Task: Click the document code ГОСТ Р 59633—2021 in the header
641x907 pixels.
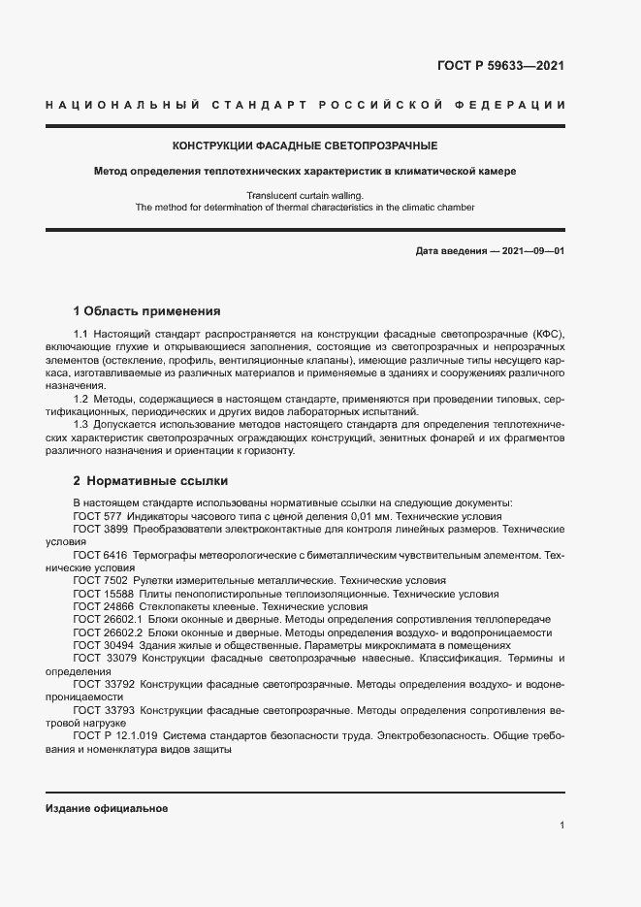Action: coord(501,66)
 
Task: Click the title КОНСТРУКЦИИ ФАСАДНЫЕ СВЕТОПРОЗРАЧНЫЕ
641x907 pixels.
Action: coord(304,146)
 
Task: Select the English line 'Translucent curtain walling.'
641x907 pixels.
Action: coord(304,195)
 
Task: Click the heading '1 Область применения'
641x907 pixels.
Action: coord(147,311)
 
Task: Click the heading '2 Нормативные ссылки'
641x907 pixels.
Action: coord(150,480)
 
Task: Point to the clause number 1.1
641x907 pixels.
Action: coord(81,334)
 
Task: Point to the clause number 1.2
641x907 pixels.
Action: coord(81,399)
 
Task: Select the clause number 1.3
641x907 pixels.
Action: coord(81,424)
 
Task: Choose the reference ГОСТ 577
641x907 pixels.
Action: coord(96,517)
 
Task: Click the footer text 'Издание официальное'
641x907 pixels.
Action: coord(107,808)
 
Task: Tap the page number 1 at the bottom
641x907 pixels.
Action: coord(561,825)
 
